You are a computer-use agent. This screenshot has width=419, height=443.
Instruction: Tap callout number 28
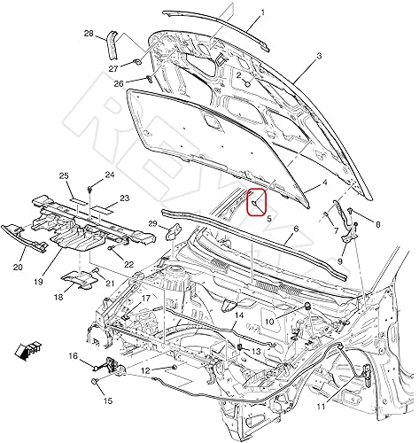point(89,34)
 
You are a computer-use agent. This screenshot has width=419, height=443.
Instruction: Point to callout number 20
point(18,264)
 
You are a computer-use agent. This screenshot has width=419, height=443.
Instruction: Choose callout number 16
point(74,357)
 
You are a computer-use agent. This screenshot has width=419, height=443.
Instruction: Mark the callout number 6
point(296,228)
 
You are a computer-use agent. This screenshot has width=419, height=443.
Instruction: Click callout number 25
point(65,175)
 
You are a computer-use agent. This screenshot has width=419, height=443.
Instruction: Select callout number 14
point(238,315)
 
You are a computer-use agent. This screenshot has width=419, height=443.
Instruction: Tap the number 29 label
point(152,222)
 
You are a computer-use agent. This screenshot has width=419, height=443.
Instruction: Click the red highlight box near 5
point(255,202)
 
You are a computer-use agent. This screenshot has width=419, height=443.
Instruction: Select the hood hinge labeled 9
point(347,242)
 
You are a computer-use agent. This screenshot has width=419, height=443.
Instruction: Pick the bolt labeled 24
point(92,189)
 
